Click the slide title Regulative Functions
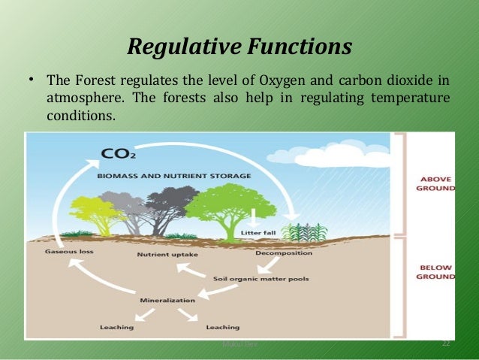(x=239, y=47)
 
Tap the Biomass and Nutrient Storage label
(x=173, y=176)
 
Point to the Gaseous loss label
(x=69, y=251)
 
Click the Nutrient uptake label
(x=167, y=255)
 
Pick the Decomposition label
(x=284, y=253)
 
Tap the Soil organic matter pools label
(x=261, y=279)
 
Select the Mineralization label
(x=167, y=300)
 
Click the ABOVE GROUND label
(x=436, y=183)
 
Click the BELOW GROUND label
(x=436, y=271)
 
